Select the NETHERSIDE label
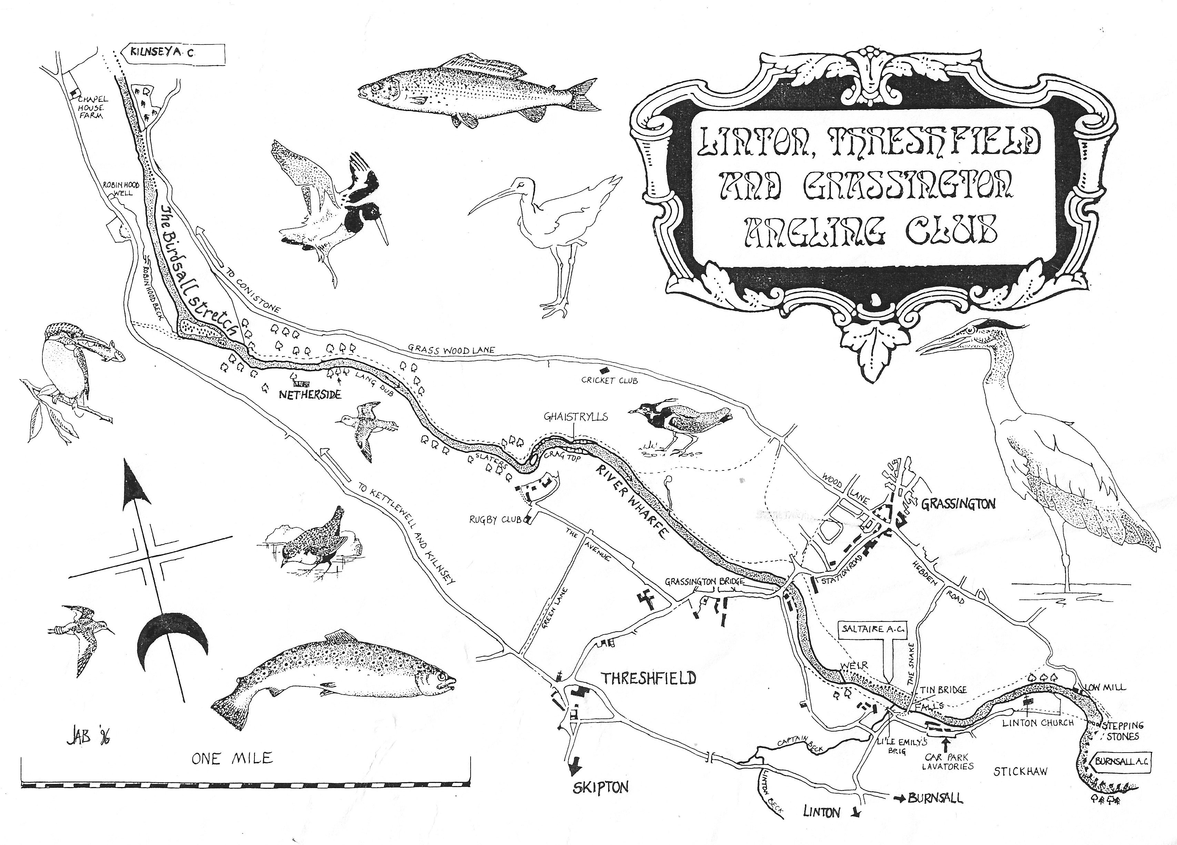point(310,395)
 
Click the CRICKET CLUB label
point(609,380)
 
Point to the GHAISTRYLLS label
point(575,417)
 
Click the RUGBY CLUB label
point(495,519)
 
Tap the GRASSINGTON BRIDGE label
point(704,582)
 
